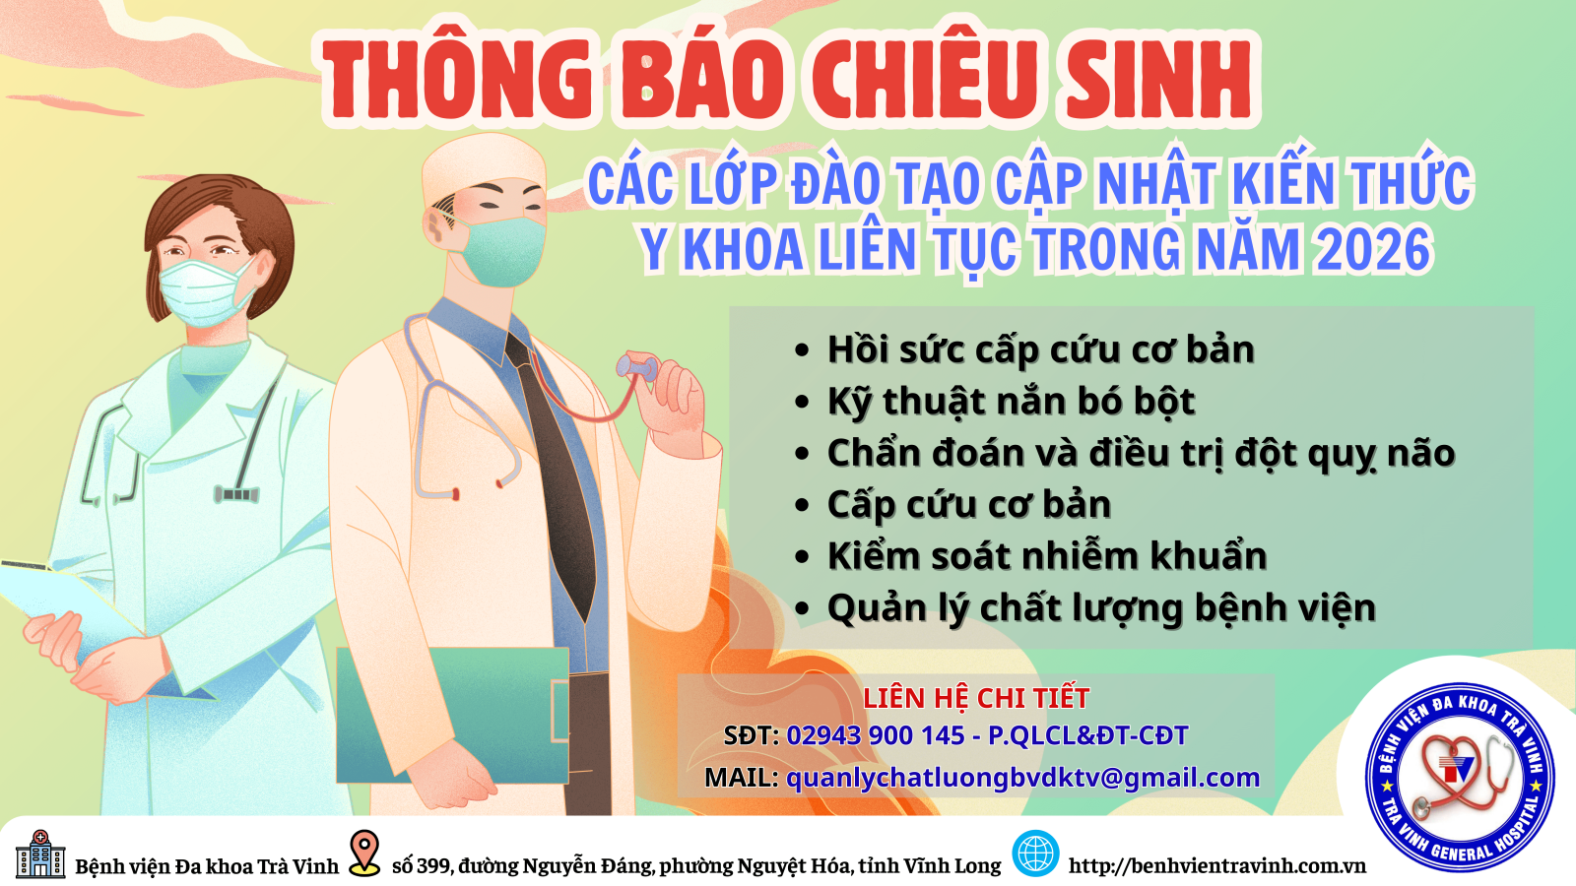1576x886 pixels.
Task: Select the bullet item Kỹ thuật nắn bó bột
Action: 1011,402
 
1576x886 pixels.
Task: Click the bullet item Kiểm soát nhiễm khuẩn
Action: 1047,555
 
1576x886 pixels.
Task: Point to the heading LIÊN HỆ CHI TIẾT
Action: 976,698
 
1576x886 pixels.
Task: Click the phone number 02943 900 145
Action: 876,735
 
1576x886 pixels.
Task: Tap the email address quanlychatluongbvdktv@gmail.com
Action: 1023,779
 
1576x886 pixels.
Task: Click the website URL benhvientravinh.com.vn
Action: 1217,865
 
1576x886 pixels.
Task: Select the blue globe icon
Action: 1035,853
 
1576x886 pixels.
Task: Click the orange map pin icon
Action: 364,853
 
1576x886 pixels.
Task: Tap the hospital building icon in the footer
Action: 40,854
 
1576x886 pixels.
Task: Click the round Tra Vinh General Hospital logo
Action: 1460,777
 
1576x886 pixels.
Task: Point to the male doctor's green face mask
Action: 499,251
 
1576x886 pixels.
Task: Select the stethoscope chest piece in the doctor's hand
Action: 636,368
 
